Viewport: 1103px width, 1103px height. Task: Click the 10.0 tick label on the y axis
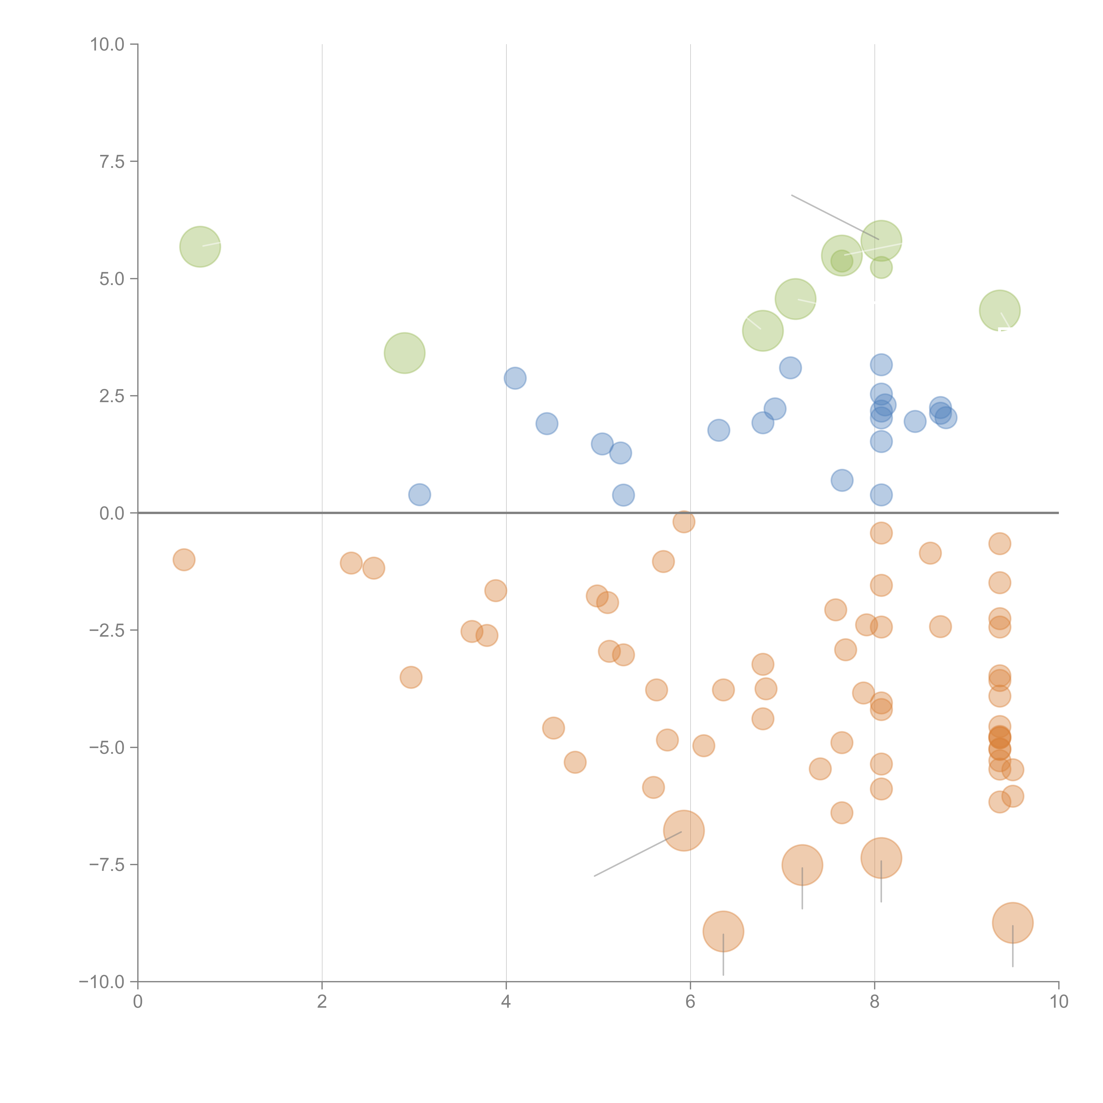tap(107, 45)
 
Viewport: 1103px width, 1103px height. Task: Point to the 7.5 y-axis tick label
tap(112, 161)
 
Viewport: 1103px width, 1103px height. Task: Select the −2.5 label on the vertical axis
tap(107, 630)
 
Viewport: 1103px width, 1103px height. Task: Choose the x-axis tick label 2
tap(322, 1002)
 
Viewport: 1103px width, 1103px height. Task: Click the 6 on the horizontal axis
tap(690, 1002)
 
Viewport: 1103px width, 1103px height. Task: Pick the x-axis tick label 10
tap(1058, 1002)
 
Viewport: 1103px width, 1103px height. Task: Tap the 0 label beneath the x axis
tap(138, 1002)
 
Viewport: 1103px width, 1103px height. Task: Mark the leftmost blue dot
tap(420, 494)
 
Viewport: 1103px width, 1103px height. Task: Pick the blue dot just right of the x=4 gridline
tap(515, 378)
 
